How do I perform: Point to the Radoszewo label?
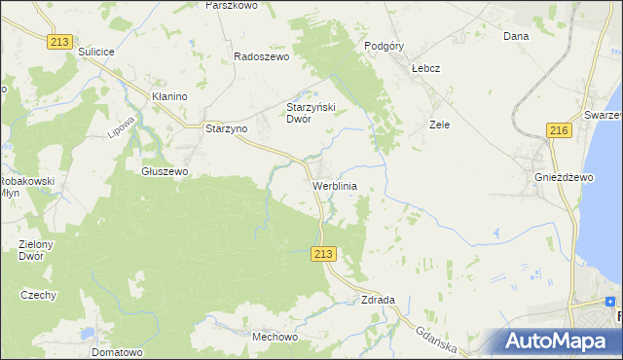coord(262,56)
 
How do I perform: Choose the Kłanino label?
coord(168,97)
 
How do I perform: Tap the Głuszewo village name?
coord(164,170)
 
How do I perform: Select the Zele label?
coord(439,125)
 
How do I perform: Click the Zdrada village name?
coord(377,300)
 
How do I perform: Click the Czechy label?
coord(39,295)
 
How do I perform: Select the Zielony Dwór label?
coord(37,250)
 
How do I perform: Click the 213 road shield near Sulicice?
coord(59,41)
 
